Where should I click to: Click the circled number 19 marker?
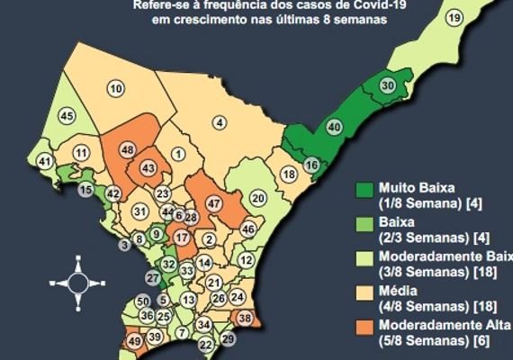[x=454, y=19]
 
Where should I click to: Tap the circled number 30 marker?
[x=388, y=85]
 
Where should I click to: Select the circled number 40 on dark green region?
[x=334, y=128]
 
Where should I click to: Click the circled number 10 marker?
[x=115, y=87]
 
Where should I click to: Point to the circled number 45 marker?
[x=67, y=116]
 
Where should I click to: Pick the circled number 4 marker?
[x=221, y=121]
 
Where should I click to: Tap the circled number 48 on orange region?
[x=128, y=149]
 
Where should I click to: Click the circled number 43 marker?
[x=148, y=168]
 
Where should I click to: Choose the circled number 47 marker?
[x=214, y=204]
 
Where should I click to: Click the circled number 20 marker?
[x=258, y=198]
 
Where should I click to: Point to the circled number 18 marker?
[x=289, y=174]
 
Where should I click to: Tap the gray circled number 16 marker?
[x=311, y=165]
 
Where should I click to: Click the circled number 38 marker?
[x=246, y=317]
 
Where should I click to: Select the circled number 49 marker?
[x=134, y=341]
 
